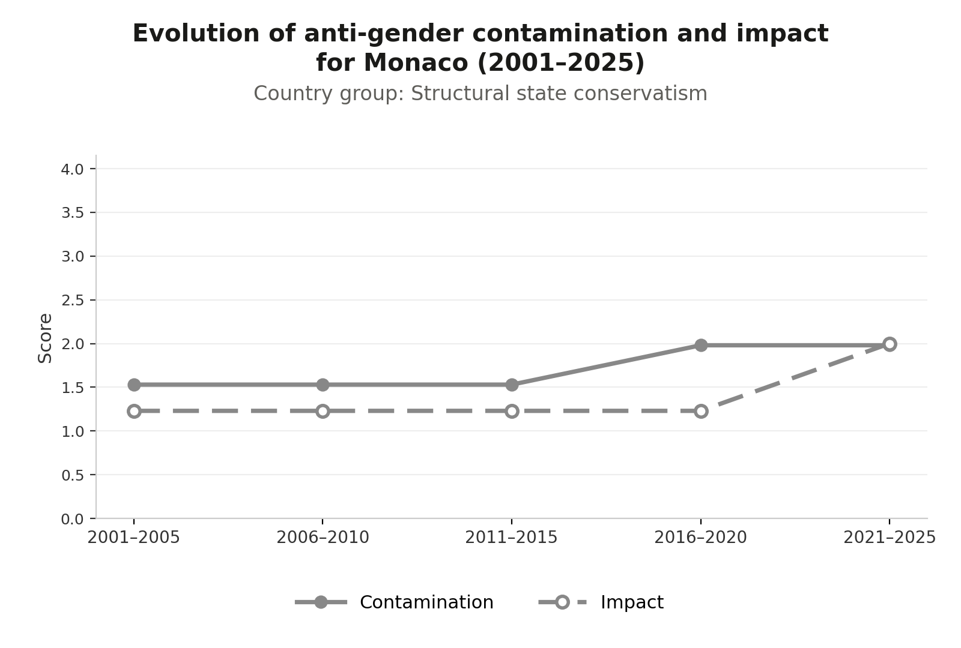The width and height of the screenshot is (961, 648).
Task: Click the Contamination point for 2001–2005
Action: click(134, 385)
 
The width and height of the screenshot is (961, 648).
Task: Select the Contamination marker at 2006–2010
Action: click(323, 385)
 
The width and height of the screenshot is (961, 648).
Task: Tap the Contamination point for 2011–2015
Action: click(511, 385)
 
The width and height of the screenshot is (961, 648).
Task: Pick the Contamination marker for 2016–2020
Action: click(700, 345)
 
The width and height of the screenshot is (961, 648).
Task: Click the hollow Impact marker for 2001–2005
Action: click(134, 411)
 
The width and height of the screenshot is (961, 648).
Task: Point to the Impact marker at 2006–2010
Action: click(323, 411)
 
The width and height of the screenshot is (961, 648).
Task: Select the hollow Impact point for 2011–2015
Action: click(511, 411)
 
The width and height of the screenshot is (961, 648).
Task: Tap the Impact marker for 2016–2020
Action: click(700, 411)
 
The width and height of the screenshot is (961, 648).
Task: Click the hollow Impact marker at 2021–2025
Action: click(890, 344)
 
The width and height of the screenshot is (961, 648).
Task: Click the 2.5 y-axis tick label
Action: click(72, 301)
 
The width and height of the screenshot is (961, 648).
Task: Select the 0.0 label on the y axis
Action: click(72, 519)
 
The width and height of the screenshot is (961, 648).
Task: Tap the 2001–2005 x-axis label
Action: click(133, 538)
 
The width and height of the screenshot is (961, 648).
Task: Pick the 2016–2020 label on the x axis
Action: click(700, 538)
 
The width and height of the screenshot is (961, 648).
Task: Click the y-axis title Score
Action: click(44, 338)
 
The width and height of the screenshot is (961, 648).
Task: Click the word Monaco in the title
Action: click(416, 62)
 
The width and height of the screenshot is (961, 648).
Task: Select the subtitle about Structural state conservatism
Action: click(480, 94)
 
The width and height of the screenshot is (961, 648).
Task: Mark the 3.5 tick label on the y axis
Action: click(72, 213)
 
